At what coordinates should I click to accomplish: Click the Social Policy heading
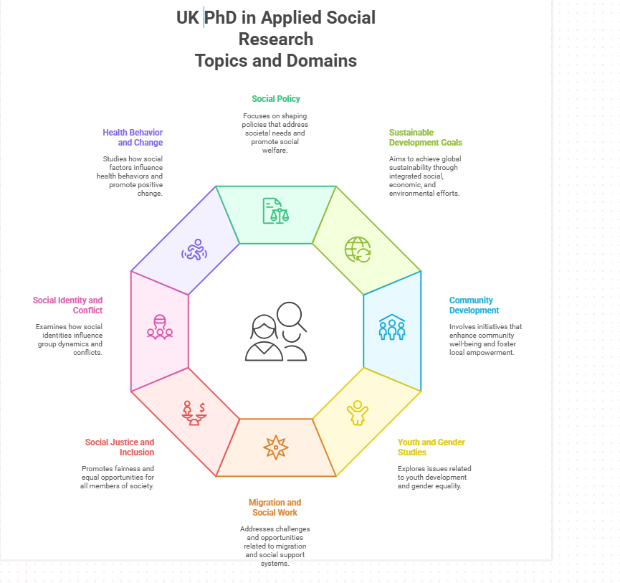tap(276, 99)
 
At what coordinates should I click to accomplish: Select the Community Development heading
tap(474, 305)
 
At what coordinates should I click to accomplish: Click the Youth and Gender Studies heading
tap(421, 447)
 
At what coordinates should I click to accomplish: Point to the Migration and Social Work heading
tap(275, 508)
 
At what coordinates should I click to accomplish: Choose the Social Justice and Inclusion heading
tap(120, 447)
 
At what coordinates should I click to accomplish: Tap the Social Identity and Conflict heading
tap(68, 305)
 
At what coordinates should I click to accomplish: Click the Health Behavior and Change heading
tap(133, 138)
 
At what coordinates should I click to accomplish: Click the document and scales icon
tap(276, 211)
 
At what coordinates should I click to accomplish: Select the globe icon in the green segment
tap(358, 250)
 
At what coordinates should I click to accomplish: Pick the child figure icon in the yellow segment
tap(357, 413)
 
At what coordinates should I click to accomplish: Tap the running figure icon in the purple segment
tap(194, 250)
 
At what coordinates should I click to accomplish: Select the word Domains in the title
tap(323, 60)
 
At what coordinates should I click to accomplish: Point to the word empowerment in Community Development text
tap(492, 353)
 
